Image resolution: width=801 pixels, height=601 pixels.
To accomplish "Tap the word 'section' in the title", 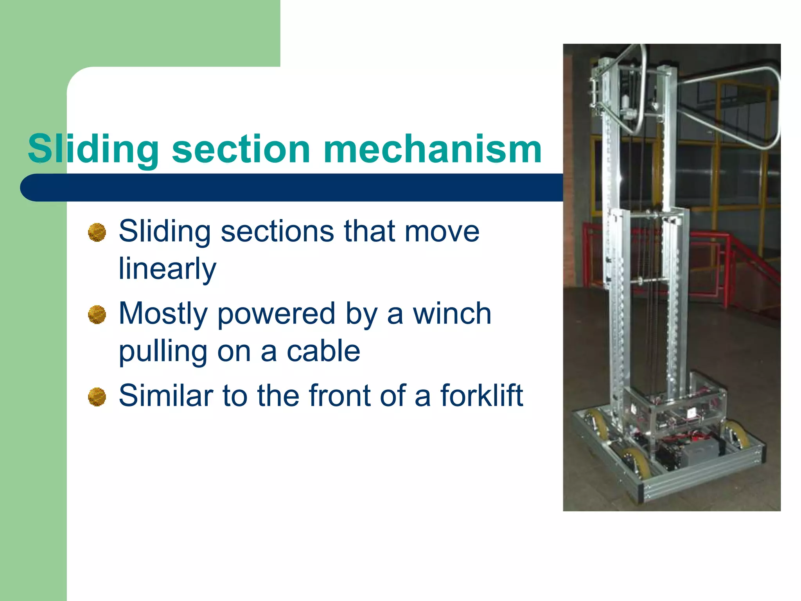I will point(241,149).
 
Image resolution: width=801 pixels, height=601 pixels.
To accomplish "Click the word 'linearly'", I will point(167,269).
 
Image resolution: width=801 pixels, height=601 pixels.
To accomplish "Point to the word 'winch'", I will point(452,314).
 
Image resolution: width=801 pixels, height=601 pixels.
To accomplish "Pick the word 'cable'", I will point(323,351).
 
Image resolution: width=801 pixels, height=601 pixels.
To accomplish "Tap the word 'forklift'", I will point(481,396).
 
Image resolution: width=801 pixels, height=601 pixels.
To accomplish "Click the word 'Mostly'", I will point(163,314).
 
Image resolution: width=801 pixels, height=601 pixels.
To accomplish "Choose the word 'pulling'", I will point(163,351).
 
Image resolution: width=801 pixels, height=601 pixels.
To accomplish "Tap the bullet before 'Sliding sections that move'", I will point(97,232).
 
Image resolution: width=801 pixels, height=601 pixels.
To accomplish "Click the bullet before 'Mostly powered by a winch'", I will point(97,315).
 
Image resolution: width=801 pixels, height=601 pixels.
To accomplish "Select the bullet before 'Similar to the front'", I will point(97,397).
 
